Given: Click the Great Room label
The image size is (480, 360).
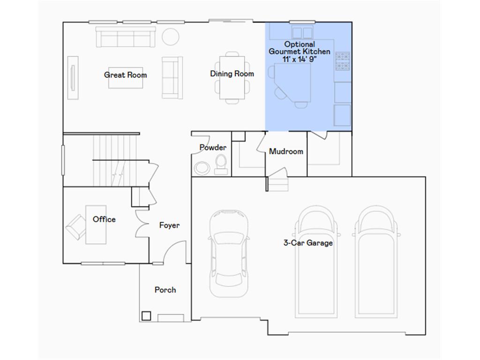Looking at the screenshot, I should coord(125,75).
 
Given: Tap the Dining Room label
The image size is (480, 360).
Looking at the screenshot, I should coord(232,74).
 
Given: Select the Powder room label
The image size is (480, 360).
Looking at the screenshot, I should coord(213,147).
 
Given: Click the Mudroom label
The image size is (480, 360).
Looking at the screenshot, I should coord(286,151).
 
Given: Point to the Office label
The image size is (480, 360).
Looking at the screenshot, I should coord(104,219).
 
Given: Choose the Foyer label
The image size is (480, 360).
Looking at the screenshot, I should coord(169,225).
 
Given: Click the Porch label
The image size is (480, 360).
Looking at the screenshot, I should coord(165,290).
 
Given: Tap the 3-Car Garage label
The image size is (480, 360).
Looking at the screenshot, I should coord(308,242).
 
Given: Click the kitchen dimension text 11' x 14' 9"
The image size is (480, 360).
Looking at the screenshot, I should coord(300,59).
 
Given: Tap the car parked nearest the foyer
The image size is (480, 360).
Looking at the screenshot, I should coord(228,253).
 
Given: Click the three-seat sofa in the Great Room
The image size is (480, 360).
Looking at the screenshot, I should coord(126,37).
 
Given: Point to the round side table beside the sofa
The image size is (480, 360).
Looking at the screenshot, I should coord(171,36).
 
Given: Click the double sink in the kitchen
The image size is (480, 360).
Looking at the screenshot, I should coord(302,32).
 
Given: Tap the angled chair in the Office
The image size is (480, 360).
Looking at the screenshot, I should coord(75,227).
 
